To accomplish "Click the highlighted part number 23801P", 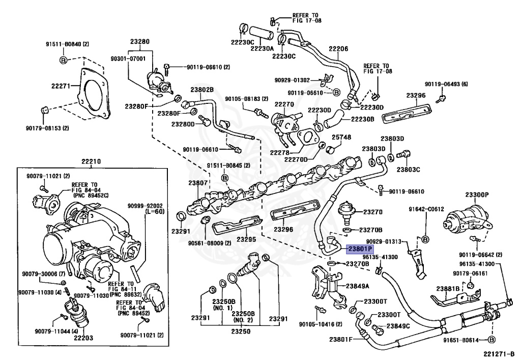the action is coord(360,249).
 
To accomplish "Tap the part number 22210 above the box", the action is coord(91,162).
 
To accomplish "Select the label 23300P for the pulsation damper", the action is coord(477,195).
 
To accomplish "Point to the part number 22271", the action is coord(61,86).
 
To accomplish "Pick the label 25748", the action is coord(341,137).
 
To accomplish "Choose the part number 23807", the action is coord(198,183).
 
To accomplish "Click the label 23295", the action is coord(246,239).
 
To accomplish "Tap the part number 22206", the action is coord(338,49).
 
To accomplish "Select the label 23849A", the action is coord(358,286).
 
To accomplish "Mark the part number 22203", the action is coord(83,338).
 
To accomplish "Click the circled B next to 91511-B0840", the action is coord(63,60).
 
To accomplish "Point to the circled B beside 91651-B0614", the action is coord(492,340).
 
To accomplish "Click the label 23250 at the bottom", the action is coord(241,331).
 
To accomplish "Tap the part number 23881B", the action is coord(448,289).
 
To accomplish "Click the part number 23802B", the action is coord(202,90).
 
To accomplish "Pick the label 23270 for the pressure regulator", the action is coord(373,212).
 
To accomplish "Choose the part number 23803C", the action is coord(408,170).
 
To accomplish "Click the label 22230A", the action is coord(262,48).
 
